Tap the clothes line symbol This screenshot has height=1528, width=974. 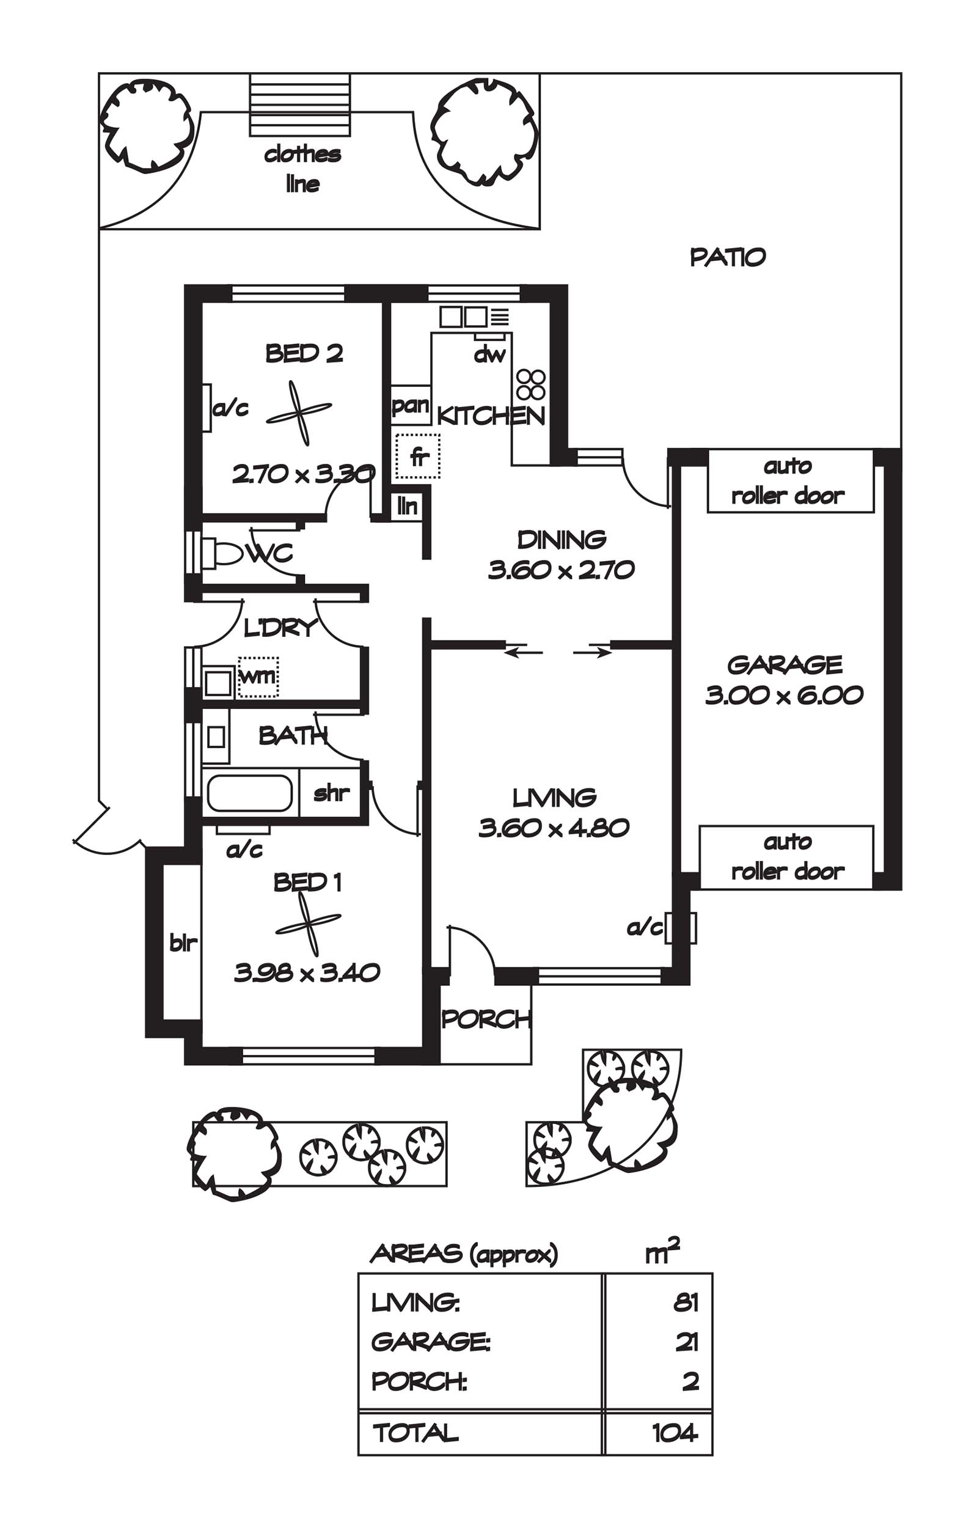click(x=299, y=105)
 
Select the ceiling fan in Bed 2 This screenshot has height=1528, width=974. click(x=299, y=413)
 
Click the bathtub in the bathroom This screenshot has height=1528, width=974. click(x=249, y=793)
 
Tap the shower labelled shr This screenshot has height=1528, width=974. click(x=331, y=793)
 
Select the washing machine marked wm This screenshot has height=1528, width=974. click(x=258, y=677)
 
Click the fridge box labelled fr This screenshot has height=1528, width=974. click(x=417, y=456)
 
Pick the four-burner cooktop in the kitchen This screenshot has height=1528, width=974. click(x=530, y=384)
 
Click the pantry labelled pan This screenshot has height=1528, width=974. click(x=411, y=405)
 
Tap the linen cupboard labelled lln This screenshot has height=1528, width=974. click(x=407, y=506)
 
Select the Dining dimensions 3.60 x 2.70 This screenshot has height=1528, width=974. click(x=561, y=570)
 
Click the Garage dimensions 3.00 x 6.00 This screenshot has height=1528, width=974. click(x=785, y=695)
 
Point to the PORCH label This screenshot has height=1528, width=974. click(x=486, y=1019)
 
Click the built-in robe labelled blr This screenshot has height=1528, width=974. click(x=182, y=942)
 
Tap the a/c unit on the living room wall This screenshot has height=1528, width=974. click(x=680, y=928)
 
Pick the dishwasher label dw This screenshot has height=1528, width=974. click(x=489, y=354)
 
